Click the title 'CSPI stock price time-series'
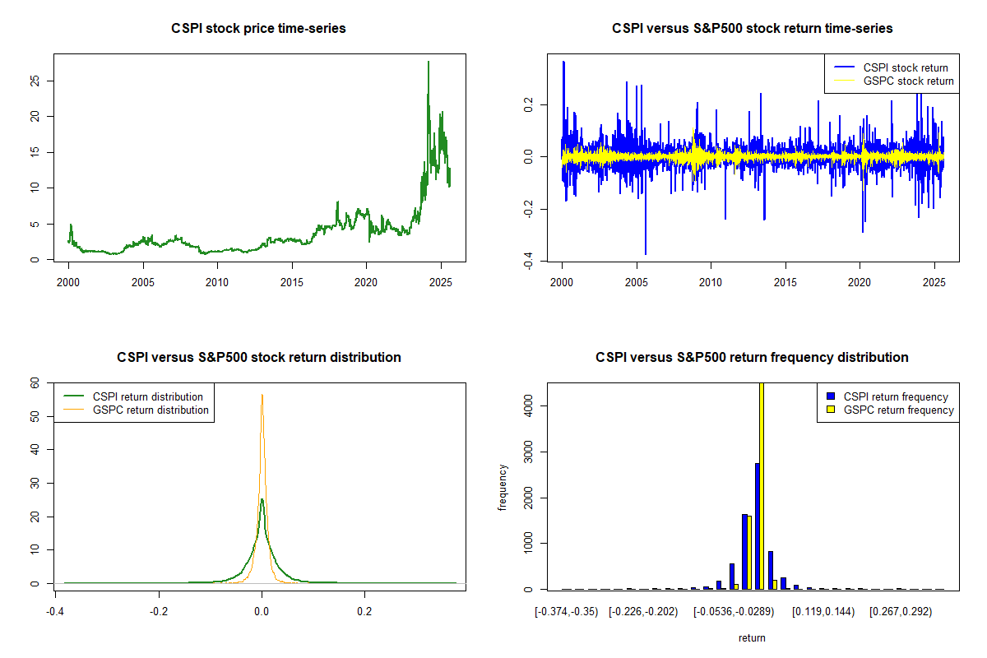coord(258,29)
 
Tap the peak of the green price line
coord(429,63)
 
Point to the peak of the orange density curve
coord(262,396)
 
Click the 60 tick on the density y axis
coord(35,383)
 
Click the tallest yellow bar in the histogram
coord(762,485)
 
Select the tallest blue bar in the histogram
coord(757,526)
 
